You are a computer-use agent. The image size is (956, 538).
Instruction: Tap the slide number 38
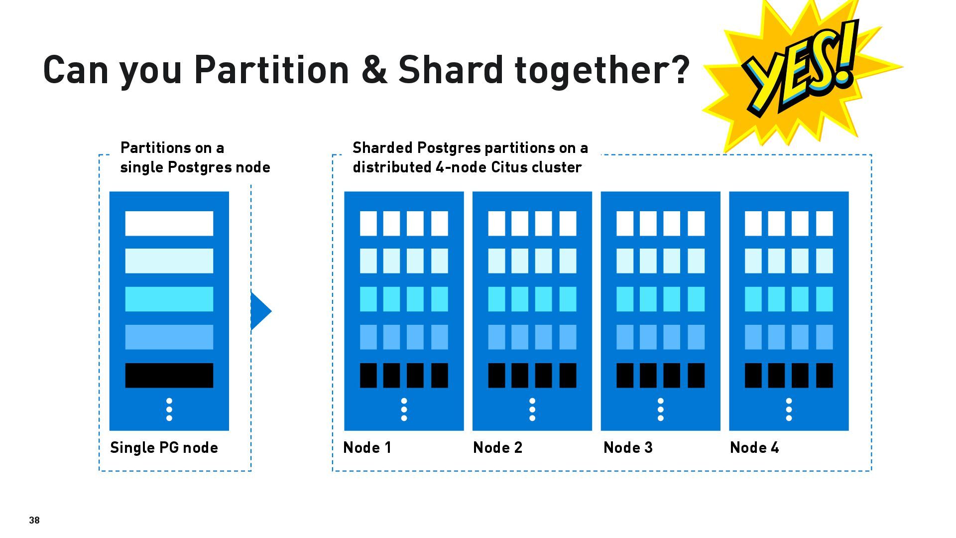[34, 520]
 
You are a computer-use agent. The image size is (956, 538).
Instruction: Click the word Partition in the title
[272, 69]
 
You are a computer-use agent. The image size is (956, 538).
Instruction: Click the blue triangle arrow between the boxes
[261, 311]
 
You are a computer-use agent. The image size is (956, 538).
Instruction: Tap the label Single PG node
[164, 447]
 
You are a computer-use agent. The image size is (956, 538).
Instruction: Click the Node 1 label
[367, 447]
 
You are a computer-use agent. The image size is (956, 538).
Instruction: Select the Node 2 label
[498, 447]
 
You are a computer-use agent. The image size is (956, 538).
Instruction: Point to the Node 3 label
[628, 447]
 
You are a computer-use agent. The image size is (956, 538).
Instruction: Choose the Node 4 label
[754, 447]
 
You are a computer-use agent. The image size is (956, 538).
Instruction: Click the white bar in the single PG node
[169, 223]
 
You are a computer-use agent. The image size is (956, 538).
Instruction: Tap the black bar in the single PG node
[169, 375]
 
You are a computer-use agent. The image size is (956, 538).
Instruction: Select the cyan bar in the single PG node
[169, 299]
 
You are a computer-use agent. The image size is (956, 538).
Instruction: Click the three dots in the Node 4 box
[789, 409]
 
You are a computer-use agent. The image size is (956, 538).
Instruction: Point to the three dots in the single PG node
[169, 409]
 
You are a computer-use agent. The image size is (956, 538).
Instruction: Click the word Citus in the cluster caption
[509, 167]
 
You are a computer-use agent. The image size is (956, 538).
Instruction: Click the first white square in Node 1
[368, 223]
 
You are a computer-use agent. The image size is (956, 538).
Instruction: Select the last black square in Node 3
[696, 375]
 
